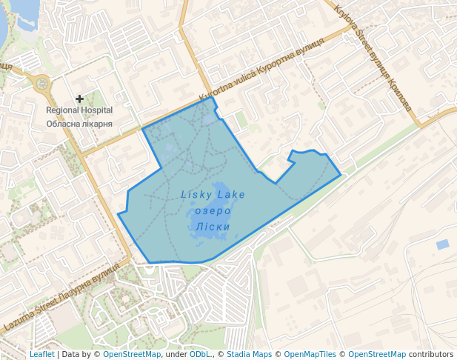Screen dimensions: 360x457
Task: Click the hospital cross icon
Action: (x=80, y=99)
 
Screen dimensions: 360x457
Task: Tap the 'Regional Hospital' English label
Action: (x=79, y=110)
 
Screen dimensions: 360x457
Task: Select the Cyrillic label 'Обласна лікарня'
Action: (x=79, y=123)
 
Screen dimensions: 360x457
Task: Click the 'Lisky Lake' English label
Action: (x=213, y=195)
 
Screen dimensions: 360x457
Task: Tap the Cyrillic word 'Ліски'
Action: (x=213, y=227)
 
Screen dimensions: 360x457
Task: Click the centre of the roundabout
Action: (x=42, y=83)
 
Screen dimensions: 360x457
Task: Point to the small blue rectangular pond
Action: (x=442, y=244)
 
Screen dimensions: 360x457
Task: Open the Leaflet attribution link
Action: (x=42, y=354)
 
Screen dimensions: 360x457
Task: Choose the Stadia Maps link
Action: (x=249, y=354)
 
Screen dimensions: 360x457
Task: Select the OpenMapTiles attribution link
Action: (x=310, y=354)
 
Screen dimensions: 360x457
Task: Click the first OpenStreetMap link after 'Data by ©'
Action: (x=132, y=354)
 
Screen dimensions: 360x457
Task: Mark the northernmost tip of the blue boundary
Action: (x=213, y=97)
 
